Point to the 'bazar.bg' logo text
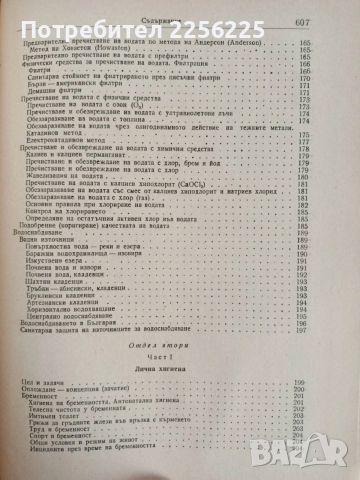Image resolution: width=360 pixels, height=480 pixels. (x=318, y=455)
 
